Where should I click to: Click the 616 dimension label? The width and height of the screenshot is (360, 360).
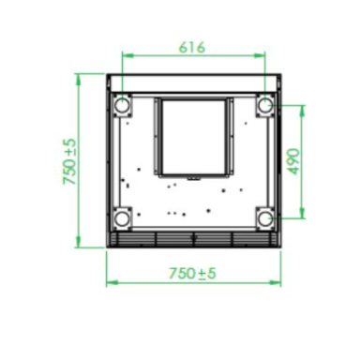coord(192,48)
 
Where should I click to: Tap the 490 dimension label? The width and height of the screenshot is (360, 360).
coord(293,161)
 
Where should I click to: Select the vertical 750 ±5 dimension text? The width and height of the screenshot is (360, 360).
coord(69,161)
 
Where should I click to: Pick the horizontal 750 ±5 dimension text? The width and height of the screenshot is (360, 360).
coord(192,273)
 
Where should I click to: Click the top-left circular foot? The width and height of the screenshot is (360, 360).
coord(121,106)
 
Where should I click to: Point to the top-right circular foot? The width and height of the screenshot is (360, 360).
coord(265,106)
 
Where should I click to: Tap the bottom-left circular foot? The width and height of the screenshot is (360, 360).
coord(121,218)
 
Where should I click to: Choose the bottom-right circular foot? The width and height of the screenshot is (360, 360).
coord(265,218)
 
